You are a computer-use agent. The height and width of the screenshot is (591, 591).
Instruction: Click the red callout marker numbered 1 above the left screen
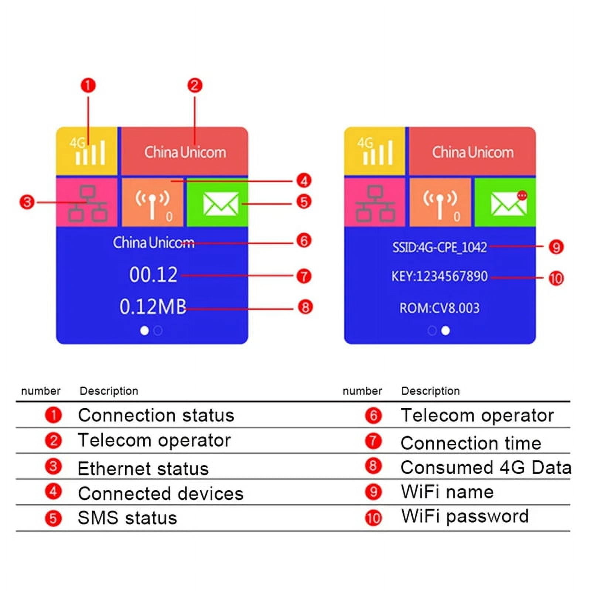pyautogui.click(x=88, y=85)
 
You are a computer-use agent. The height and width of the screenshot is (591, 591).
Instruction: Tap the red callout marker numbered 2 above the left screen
pyautogui.click(x=195, y=85)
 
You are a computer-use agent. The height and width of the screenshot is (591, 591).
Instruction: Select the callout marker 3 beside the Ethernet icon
pyautogui.click(x=27, y=202)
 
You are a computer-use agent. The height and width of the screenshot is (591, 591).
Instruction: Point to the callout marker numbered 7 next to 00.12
pyautogui.click(x=304, y=276)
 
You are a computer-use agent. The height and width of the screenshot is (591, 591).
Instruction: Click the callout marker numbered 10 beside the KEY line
pyautogui.click(x=556, y=278)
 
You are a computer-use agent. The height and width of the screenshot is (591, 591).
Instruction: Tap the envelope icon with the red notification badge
pyautogui.click(x=509, y=203)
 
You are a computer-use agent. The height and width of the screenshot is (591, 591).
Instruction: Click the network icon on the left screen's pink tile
pyautogui.click(x=88, y=203)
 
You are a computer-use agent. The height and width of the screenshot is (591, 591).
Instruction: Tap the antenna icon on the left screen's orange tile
pyautogui.click(x=152, y=204)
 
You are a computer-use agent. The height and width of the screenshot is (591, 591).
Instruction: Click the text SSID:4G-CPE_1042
pyautogui.click(x=440, y=247)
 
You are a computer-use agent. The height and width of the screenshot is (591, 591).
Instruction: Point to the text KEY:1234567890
pyautogui.click(x=440, y=276)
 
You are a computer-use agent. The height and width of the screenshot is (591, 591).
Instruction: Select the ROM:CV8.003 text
pyautogui.click(x=440, y=308)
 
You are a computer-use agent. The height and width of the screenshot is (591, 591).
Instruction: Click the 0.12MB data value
pyautogui.click(x=153, y=307)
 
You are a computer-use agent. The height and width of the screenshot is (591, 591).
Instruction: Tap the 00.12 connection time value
pyautogui.click(x=153, y=275)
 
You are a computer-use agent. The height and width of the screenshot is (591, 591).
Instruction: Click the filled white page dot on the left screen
pyautogui.click(x=144, y=331)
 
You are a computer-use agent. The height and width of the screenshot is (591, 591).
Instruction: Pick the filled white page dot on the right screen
pyautogui.click(x=445, y=331)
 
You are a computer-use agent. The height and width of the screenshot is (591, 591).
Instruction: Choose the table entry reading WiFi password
pyautogui.click(x=465, y=516)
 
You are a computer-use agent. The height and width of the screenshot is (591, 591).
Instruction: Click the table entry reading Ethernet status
pyautogui.click(x=143, y=468)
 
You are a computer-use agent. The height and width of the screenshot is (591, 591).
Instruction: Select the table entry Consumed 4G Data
pyautogui.click(x=485, y=468)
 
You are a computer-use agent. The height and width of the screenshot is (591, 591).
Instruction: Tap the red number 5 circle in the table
pyautogui.click(x=53, y=518)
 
